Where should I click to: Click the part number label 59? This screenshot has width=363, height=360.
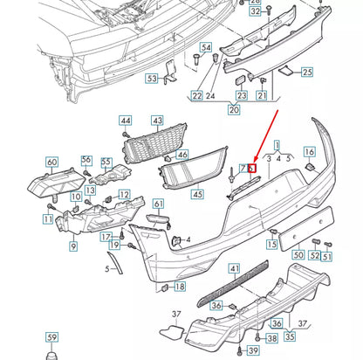point(51,337)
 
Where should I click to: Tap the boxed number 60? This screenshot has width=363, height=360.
point(51,162)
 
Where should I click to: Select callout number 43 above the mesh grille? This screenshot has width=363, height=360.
point(157,121)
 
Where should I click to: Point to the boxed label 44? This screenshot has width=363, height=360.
point(126,121)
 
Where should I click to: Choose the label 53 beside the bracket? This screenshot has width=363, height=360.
point(152,79)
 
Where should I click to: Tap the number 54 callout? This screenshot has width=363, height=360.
point(206,46)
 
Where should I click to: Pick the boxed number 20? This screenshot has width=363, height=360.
point(233,111)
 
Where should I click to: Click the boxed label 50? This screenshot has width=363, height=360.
point(299,257)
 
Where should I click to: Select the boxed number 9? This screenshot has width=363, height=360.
point(73,247)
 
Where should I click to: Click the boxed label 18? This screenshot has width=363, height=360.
point(180,286)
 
